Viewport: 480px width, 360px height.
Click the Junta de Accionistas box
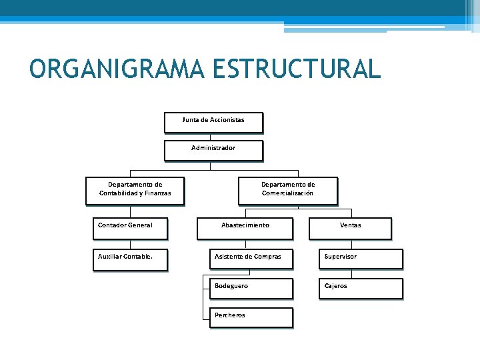pyautogui.click(x=213, y=122)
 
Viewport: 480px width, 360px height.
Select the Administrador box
pyautogui.click(x=213, y=150)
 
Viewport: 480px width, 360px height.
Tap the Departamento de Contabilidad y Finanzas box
pyautogui.click(x=135, y=190)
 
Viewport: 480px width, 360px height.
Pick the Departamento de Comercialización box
pyautogui.click(x=287, y=190)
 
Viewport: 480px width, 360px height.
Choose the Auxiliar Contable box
pyautogui.click(x=129, y=259)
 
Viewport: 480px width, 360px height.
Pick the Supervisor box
pyautogui.click(x=361, y=259)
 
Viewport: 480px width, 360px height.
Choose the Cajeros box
pyautogui.click(x=361, y=288)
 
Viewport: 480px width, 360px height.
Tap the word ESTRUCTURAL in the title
pyautogui.click(x=297, y=69)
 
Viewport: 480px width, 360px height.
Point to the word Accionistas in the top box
pyautogui.click(x=226, y=120)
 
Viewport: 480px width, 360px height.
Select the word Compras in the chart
pyautogui.click(x=267, y=257)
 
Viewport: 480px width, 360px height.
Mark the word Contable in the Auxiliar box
pyautogui.click(x=137, y=257)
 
